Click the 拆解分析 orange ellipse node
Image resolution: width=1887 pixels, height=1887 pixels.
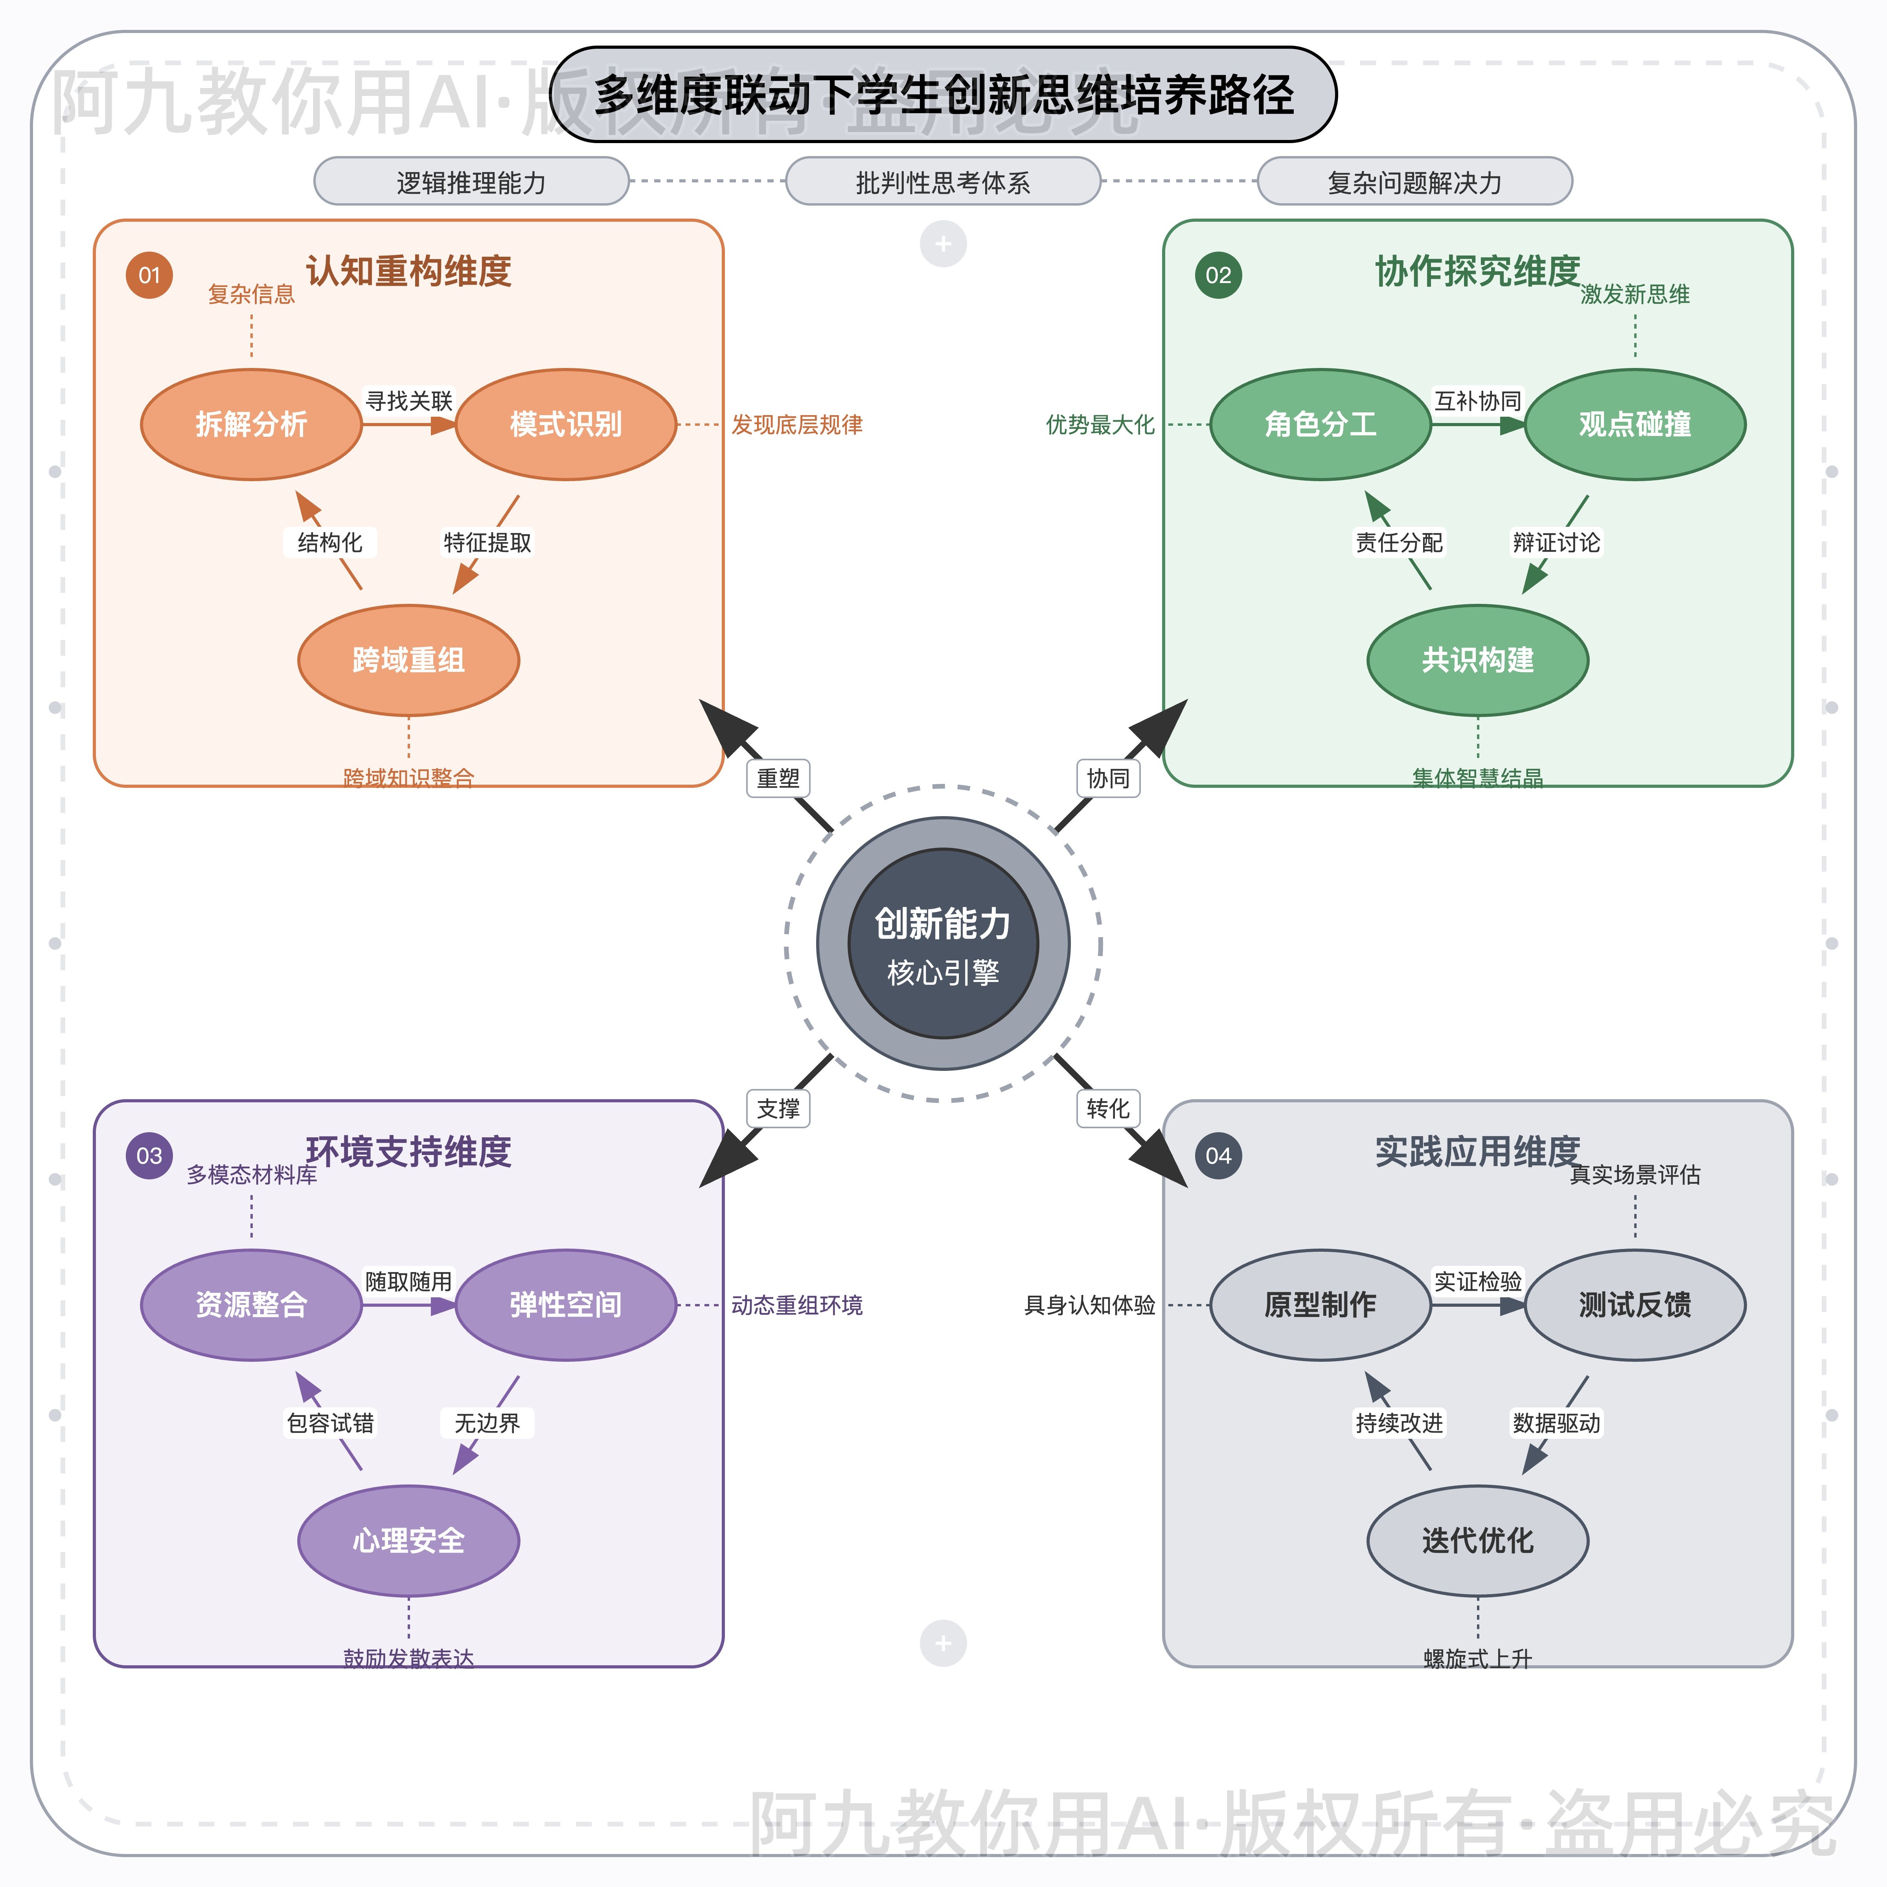[251, 424]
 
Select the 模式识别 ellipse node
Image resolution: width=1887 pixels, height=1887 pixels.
[566, 424]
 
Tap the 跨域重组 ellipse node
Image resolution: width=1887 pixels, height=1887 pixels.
[408, 660]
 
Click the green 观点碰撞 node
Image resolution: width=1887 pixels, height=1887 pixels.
[1635, 424]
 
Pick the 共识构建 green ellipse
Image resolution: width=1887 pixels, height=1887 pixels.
[1478, 660]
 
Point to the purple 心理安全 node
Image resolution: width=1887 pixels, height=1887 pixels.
[408, 1540]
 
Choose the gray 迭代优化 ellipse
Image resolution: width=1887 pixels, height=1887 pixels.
[1478, 1540]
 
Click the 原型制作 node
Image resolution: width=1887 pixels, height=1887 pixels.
[1321, 1305]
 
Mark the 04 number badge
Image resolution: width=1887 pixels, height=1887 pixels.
[1218, 1155]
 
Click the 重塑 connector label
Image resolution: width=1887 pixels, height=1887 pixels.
[778, 778]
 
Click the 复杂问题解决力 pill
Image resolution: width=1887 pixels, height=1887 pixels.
[1414, 182]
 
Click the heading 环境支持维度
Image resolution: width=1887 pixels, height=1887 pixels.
[408, 1151]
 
